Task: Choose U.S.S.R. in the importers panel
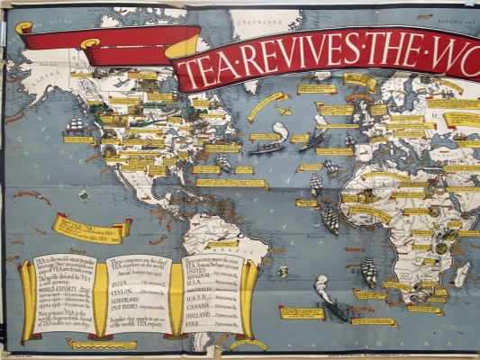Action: (x=200, y=299)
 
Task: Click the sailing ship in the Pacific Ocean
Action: (x=76, y=125)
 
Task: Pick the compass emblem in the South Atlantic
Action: (x=284, y=270)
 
